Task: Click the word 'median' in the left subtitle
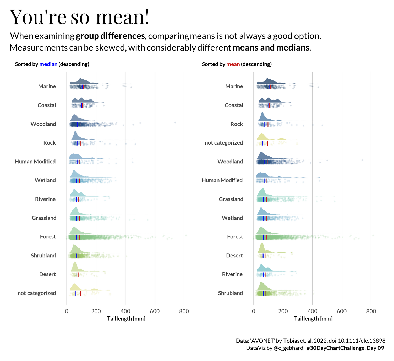pos(48,64)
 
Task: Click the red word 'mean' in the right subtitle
pos(233,64)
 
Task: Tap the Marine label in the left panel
pos(47,86)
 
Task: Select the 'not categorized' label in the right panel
pos(224,143)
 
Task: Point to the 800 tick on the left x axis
pos(184,311)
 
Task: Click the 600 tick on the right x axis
pos(341,311)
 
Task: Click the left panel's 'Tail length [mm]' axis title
pos(126,319)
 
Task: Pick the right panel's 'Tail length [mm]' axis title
pos(313,319)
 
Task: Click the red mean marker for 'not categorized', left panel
pos(80,293)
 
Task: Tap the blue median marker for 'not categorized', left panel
pos(76,293)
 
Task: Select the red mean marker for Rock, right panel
pos(268,124)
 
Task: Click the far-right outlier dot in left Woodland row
pos(175,123)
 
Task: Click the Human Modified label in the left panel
pos(35,162)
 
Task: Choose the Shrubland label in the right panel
pos(230,293)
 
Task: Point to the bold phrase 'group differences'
pos(110,36)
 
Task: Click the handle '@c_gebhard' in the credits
pos(288,348)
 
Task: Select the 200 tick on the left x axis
pos(96,311)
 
